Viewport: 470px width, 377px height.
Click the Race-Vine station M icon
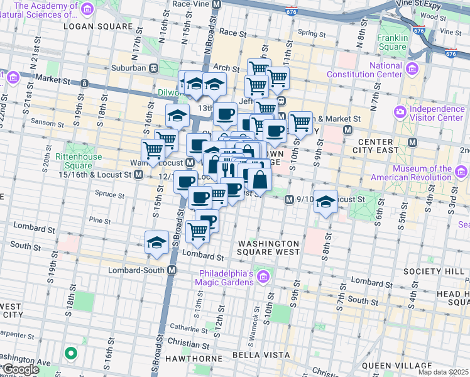(x=217, y=4)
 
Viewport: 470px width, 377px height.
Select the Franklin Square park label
(x=393, y=42)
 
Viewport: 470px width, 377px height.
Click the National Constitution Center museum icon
(x=413, y=68)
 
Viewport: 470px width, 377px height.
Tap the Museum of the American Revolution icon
(x=463, y=169)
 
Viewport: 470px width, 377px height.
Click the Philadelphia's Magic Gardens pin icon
(x=263, y=276)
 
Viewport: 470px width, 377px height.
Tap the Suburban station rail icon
(x=153, y=68)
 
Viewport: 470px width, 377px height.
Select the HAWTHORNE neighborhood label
(x=195, y=358)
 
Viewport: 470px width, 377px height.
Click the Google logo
(x=20, y=369)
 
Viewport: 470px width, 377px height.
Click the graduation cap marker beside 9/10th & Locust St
(x=325, y=202)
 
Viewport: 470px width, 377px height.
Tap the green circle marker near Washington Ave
(x=71, y=354)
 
